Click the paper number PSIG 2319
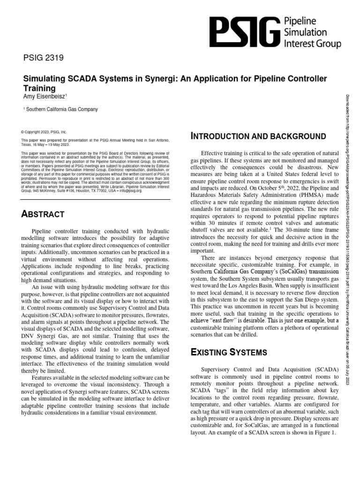coord(44,59)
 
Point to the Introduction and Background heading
coord(259,136)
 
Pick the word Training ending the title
coord(39,88)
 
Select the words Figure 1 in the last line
coord(324,432)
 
